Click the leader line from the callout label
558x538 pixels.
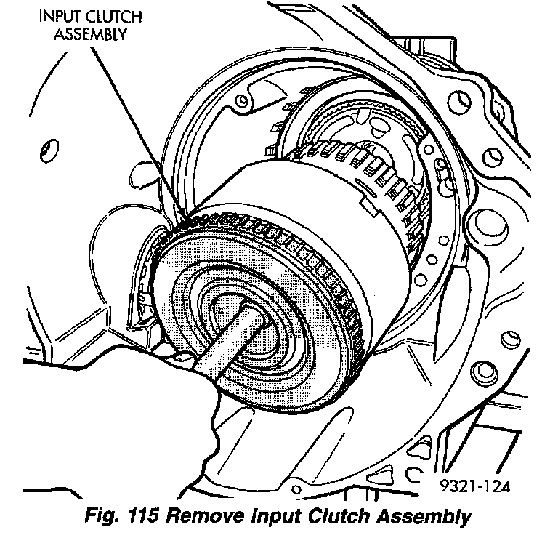[138, 131]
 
